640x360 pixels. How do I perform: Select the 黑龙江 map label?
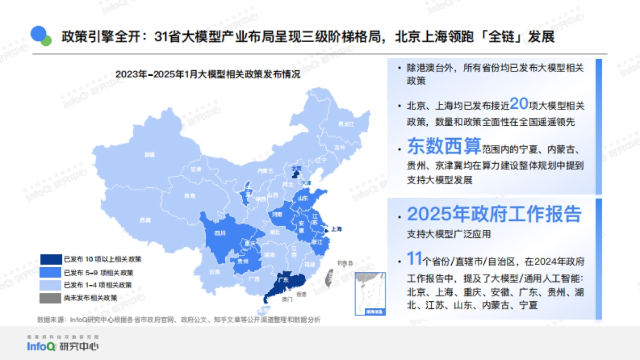click(346, 124)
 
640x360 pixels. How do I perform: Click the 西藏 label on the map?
click(145, 220)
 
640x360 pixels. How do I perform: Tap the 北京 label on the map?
click(296, 167)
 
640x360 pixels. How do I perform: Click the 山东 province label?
click(302, 198)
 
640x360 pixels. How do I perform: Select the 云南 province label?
click(214, 271)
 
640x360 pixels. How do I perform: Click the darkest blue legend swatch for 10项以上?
click(51, 259)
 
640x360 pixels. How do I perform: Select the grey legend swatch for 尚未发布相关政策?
click(51, 298)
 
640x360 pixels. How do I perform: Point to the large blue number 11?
click(414, 260)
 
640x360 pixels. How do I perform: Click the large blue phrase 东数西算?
click(444, 146)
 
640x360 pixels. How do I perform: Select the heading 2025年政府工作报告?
click(494, 214)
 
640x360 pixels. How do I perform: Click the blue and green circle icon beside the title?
click(41, 36)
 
